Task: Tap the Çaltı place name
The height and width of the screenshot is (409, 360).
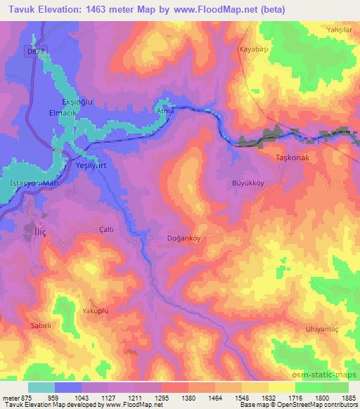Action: (107, 229)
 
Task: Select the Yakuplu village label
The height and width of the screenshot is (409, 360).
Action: (96, 309)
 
